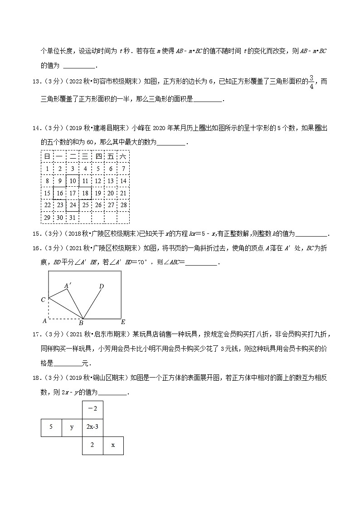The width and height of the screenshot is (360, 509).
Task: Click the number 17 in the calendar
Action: point(72,193)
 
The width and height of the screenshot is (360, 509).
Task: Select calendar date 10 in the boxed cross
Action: point(72,181)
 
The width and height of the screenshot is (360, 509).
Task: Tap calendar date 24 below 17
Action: point(72,205)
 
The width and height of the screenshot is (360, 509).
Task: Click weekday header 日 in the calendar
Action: point(47,156)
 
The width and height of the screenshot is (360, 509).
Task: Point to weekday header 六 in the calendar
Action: point(123,156)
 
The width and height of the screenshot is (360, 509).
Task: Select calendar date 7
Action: point(123,169)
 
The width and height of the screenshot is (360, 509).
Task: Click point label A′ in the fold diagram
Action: point(68,286)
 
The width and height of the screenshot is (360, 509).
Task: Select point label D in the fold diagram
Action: point(102,286)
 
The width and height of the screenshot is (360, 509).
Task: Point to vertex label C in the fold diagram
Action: point(43,300)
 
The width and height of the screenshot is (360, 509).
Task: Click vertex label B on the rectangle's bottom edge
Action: point(81,323)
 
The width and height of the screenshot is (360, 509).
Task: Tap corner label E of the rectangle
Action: point(122,322)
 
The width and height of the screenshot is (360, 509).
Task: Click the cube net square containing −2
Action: point(92,409)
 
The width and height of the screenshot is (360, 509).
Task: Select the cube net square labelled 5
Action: point(51,427)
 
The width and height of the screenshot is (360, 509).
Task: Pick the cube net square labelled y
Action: point(72,427)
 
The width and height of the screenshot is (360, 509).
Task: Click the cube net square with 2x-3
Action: point(92,427)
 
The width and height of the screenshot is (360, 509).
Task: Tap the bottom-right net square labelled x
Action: point(113,445)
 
